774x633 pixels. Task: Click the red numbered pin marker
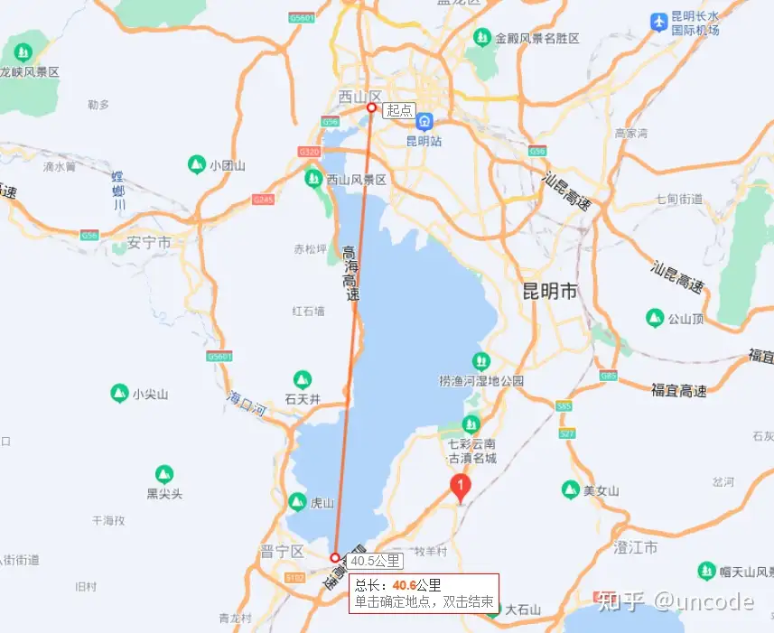pos(462,489)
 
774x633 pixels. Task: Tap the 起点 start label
pos(398,110)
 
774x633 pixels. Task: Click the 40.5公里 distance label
pos(375,560)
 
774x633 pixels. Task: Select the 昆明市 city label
pos(550,292)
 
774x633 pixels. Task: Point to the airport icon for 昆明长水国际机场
pos(659,21)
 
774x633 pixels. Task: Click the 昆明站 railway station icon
pos(423,122)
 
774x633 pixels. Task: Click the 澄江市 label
pos(636,548)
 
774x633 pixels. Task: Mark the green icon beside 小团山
pos(195,164)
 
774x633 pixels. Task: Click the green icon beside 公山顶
pos(654,318)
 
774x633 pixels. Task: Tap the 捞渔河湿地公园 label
pos(481,381)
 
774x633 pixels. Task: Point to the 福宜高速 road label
pos(679,390)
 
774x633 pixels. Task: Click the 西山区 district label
pos(361,95)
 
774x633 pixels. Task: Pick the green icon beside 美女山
pos(569,489)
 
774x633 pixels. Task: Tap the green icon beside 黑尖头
pos(163,474)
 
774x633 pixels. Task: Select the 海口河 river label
pos(247,403)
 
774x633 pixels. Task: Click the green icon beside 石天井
pos(303,379)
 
